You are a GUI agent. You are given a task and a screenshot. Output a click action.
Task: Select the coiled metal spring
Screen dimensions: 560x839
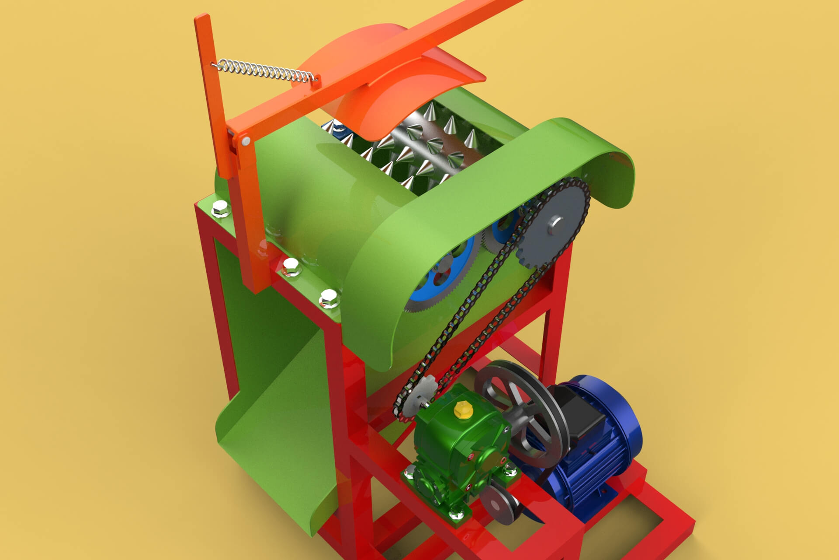[x=264, y=71]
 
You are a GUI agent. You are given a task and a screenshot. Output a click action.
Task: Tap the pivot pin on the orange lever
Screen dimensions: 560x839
[x=246, y=140]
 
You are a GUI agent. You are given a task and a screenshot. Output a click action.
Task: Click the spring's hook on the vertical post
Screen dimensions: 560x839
[x=215, y=65]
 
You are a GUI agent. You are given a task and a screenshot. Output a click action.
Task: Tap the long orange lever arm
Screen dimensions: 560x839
[x=393, y=61]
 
